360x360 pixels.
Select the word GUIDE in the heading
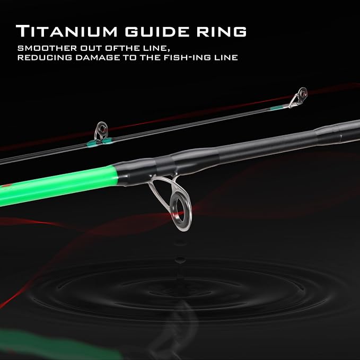point(157,31)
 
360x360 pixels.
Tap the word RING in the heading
point(221,31)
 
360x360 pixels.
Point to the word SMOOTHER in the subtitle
point(47,48)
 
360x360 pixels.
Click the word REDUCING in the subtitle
point(45,58)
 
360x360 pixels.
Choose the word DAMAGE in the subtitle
point(98,58)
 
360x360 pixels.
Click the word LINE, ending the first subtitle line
point(154,48)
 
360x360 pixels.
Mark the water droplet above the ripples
point(180,260)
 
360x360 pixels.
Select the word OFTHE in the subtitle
point(122,48)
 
